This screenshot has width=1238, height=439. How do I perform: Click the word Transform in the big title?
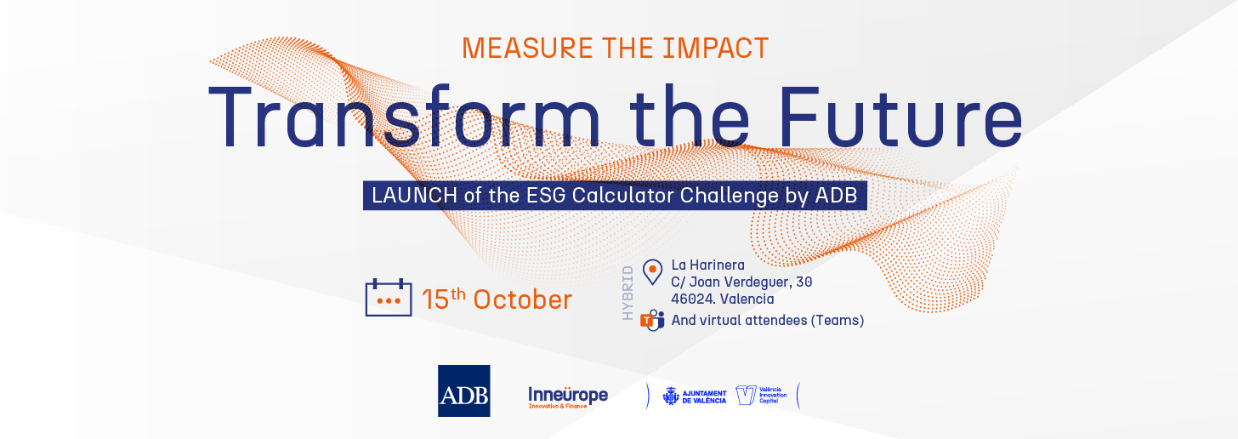tap(405, 117)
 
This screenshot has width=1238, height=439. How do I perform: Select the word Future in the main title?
tap(900, 117)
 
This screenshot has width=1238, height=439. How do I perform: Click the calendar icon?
tap(389, 298)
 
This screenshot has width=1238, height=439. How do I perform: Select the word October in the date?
tap(522, 300)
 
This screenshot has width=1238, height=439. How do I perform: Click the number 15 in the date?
tap(435, 300)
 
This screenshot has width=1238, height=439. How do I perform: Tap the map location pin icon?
tap(653, 272)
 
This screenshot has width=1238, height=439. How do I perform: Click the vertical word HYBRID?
tap(628, 293)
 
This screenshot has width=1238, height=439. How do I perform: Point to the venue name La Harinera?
tap(708, 265)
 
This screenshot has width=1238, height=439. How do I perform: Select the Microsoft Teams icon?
tap(652, 320)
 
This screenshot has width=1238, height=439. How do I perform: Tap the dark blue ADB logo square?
tap(463, 391)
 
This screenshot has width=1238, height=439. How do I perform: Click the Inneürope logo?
tap(568, 397)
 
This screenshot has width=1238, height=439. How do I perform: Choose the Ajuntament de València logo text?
tap(695, 396)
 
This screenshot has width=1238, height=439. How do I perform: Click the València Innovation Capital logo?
tap(761, 396)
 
